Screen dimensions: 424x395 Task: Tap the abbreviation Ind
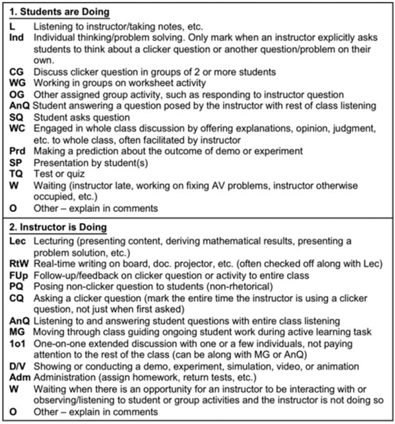pos(16,37)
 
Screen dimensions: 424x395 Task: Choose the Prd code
pos(17,151)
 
